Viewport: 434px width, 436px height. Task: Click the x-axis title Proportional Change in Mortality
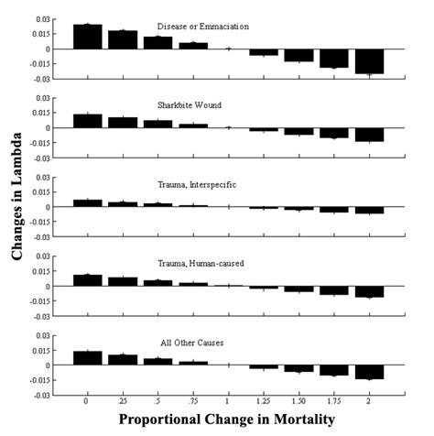228,420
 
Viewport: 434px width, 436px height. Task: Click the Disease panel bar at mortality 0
87,37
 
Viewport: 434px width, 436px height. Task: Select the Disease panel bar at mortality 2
370,60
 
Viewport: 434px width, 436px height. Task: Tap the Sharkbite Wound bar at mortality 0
87,121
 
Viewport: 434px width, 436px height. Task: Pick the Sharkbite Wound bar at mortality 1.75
334,132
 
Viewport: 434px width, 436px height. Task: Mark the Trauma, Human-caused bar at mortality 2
370,291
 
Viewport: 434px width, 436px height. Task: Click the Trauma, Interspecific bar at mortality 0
87,203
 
